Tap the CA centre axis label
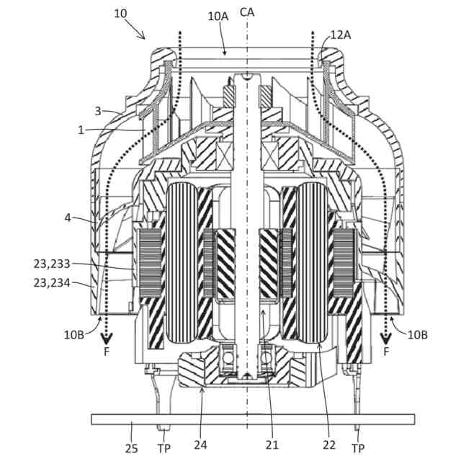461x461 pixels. tap(246, 12)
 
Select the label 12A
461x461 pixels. tap(341, 34)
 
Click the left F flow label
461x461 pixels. tap(107, 352)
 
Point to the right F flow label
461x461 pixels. tap(387, 352)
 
